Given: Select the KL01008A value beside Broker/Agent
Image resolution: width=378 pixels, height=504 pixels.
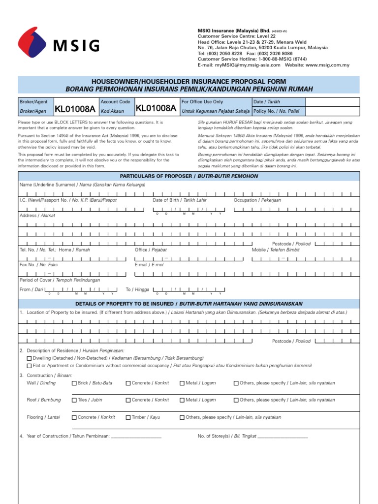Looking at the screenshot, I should tap(75, 109).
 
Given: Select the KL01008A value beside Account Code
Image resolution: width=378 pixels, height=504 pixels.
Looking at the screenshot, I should tap(156, 108).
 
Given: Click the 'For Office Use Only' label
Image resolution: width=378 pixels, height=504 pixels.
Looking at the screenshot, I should tap(202, 102).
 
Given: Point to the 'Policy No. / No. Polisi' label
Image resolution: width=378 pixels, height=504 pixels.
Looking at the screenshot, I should tap(276, 111).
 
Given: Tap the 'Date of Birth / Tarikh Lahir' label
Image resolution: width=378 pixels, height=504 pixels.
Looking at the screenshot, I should tap(180, 200).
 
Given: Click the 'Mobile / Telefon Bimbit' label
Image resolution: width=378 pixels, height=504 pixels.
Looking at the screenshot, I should tap(276, 250).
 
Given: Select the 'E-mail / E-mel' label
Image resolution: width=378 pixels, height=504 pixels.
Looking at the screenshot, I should tap(149, 264).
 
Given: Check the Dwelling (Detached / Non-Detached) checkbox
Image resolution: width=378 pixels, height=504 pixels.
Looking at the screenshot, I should tap(29, 358).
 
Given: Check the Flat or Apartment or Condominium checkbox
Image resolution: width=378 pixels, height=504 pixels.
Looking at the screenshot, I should tap(29, 366).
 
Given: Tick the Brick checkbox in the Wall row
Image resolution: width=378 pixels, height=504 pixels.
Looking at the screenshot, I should tap(74, 383).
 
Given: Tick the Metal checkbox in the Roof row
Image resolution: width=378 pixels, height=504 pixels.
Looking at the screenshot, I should tap(183, 400).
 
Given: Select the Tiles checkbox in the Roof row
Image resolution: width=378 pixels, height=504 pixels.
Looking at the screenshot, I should tap(74, 400).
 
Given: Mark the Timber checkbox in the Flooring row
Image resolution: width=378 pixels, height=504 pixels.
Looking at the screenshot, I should tap(128, 417).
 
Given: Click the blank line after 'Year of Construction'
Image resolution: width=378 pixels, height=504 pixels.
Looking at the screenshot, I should tap(136, 436).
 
